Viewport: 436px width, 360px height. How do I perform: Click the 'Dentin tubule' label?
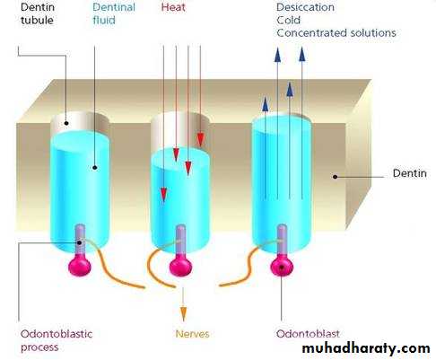pos(38,13)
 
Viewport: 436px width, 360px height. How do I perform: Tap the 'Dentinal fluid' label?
pos(114,13)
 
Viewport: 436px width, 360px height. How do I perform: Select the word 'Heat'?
pos(173,7)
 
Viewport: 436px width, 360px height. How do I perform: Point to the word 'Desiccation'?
pos(305,7)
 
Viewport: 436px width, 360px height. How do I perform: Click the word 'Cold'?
pos(288,20)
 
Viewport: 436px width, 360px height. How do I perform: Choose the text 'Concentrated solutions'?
pos(336,33)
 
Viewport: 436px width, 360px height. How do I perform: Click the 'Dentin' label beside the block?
pos(409,173)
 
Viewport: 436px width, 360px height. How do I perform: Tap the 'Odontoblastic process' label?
pos(57,340)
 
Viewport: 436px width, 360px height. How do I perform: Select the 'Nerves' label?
pos(192,334)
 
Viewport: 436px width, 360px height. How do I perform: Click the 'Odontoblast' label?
pos(308,334)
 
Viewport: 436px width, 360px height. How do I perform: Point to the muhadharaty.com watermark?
pos(366,348)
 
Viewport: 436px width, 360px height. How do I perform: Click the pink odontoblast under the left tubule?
pos(80,266)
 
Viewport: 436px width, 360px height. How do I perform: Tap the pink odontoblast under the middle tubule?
pos(180,266)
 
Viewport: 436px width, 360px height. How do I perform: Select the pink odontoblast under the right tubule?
pos(282,266)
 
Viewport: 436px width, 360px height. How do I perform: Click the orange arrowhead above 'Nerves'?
pos(184,314)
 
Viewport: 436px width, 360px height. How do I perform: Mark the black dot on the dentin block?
pos(336,177)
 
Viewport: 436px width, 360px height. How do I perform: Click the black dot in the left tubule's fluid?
pos(95,168)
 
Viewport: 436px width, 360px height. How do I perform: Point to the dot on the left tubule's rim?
pos(66,123)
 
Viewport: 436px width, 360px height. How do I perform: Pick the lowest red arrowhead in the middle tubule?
pos(163,195)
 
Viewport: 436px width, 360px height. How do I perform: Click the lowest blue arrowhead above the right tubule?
pos(266,104)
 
